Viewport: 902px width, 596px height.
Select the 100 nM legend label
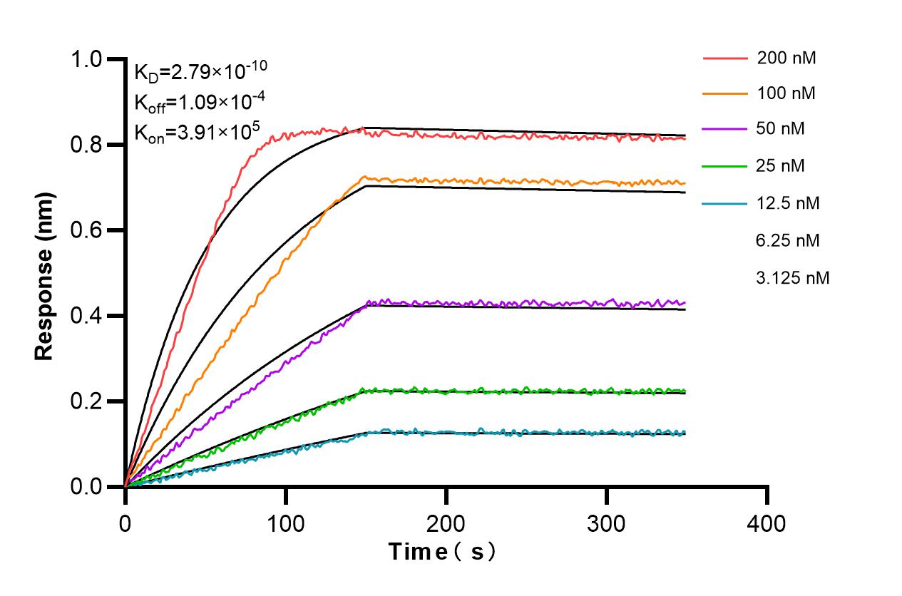coord(786,93)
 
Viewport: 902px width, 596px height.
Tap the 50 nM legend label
coord(782,130)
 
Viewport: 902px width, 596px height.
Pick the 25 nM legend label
coord(782,166)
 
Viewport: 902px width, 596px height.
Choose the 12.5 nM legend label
coord(788,203)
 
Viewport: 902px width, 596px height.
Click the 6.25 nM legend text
coord(788,241)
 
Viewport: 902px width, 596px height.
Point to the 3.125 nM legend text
coord(792,278)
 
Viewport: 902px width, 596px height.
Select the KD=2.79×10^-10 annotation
coord(201,71)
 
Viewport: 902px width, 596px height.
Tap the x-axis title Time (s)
coord(442,551)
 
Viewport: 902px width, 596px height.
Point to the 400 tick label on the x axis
coord(767,524)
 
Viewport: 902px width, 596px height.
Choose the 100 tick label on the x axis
coord(285,524)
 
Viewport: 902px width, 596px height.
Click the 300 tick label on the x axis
coord(606,524)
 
